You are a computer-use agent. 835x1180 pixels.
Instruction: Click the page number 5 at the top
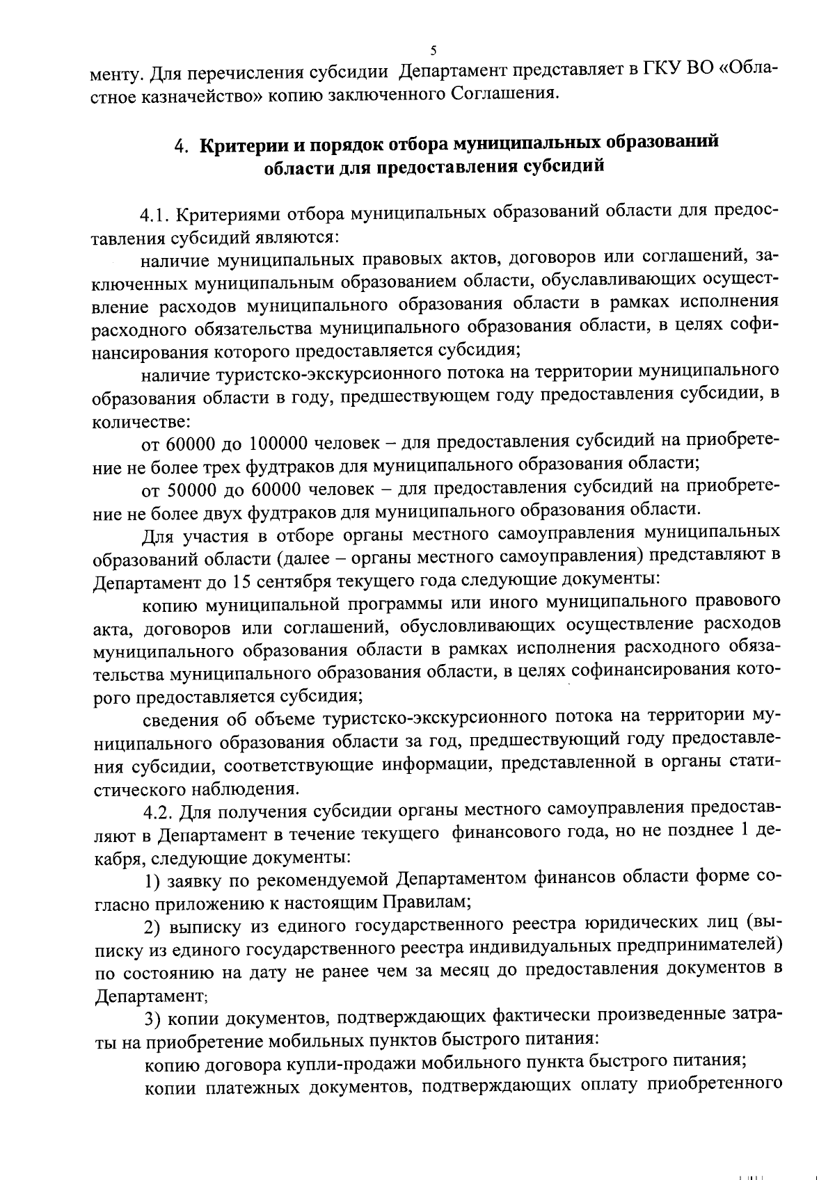(434, 51)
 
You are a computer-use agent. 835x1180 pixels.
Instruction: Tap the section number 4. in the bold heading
(182, 145)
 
